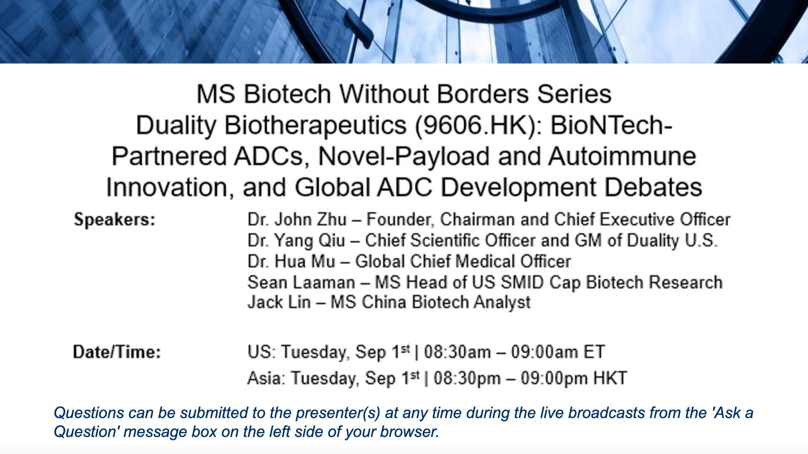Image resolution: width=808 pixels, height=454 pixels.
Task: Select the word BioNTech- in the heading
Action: [x=612, y=125]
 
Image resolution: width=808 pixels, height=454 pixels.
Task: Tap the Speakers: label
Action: [x=115, y=219]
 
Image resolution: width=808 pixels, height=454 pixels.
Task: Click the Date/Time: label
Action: [x=117, y=352]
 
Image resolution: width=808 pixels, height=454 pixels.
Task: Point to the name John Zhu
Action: [x=311, y=219]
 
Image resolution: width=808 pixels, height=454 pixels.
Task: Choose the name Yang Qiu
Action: [x=310, y=241]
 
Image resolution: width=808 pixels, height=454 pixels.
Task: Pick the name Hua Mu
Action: [x=305, y=262]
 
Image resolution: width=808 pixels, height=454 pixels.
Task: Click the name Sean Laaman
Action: [x=301, y=282]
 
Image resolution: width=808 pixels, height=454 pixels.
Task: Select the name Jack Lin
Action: [x=279, y=302]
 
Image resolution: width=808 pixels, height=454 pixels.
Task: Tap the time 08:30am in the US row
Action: [x=458, y=352]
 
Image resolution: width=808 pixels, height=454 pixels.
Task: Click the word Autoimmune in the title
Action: [x=622, y=156]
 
